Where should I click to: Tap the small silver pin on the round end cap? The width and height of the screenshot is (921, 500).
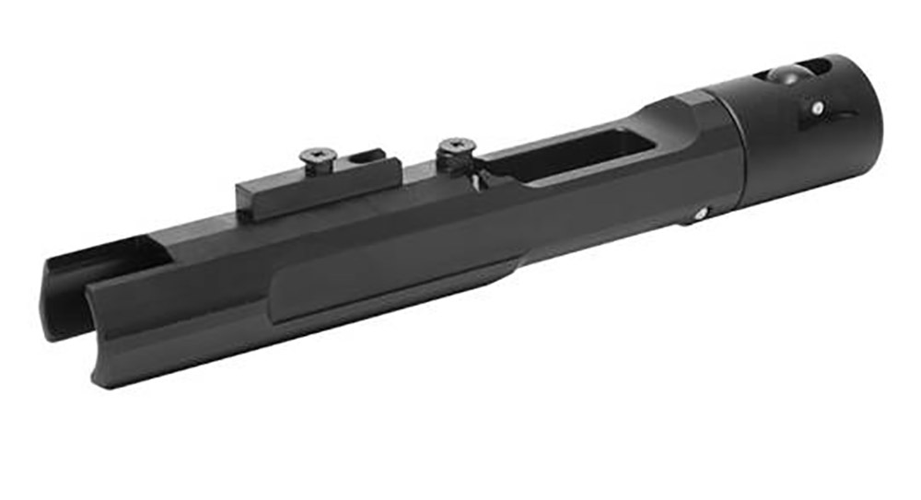click(x=817, y=108)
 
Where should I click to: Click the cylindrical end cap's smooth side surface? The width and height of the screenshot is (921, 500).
click(x=783, y=157)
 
